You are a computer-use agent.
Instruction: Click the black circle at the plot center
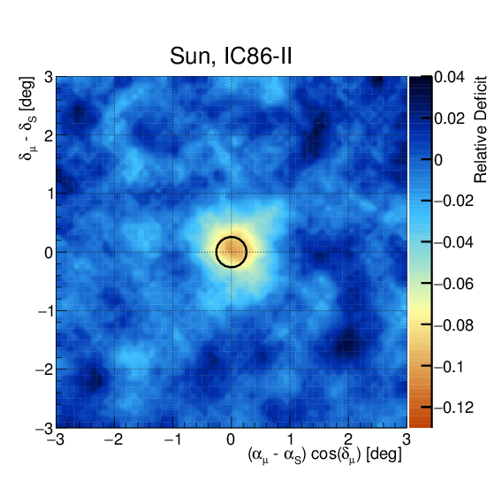tap(231, 252)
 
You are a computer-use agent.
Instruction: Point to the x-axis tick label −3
tap(55, 439)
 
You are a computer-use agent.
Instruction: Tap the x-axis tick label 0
tap(232, 439)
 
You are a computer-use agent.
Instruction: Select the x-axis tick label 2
tap(348, 439)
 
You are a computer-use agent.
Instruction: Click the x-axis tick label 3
tap(406, 439)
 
